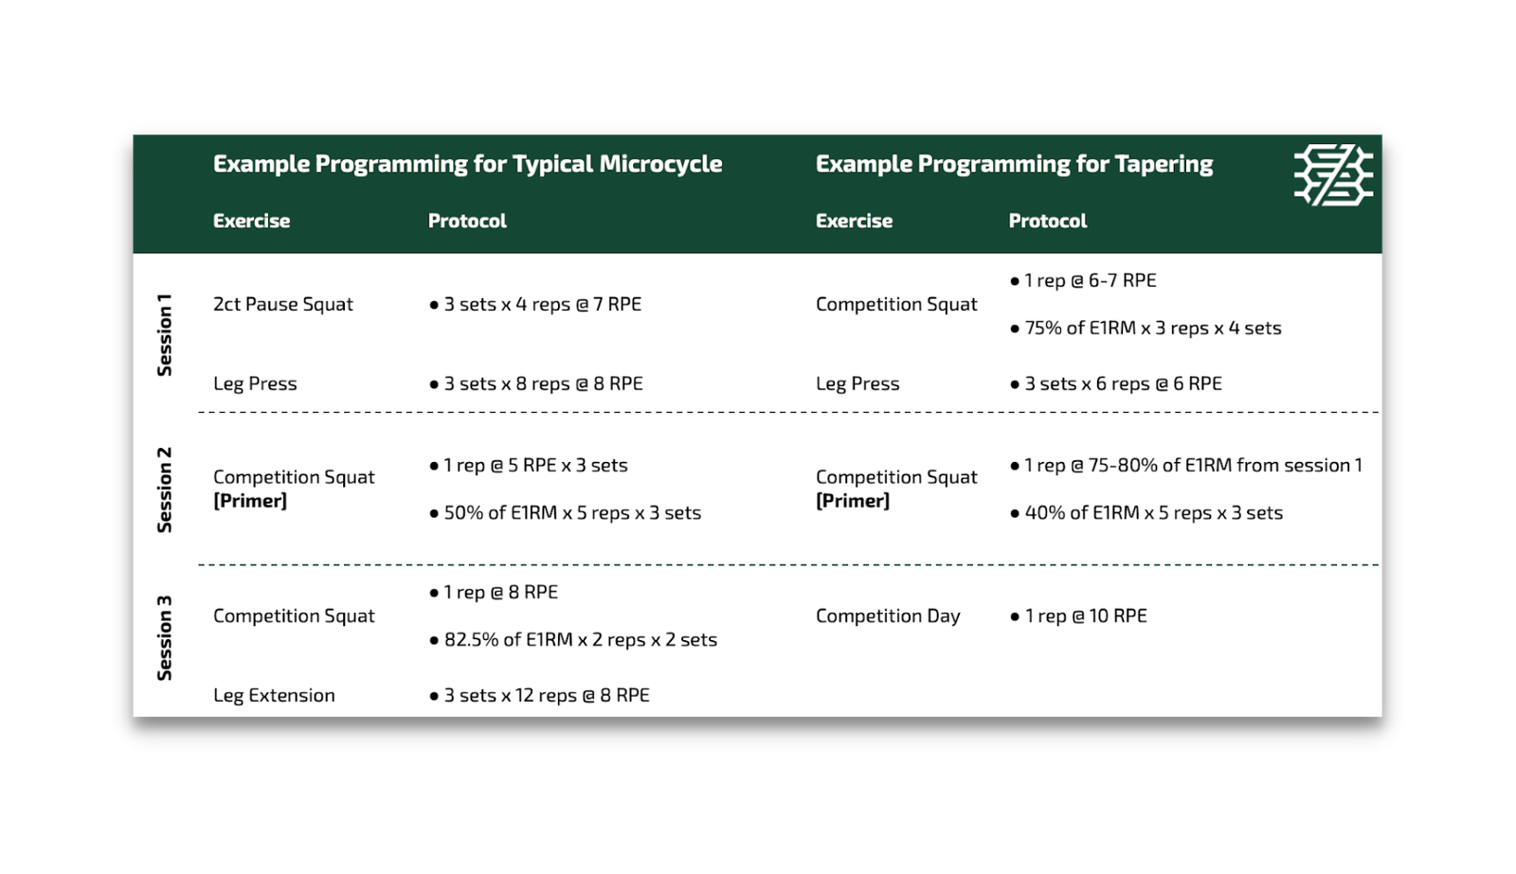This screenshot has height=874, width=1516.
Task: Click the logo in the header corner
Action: pos(1333,174)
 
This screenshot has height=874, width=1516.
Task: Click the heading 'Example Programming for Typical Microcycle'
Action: pos(468,165)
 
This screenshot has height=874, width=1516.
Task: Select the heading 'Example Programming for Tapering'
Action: pos(1014,165)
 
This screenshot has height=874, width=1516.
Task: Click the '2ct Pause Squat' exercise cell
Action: pos(283,304)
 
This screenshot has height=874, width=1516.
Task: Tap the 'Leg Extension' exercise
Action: pos(274,695)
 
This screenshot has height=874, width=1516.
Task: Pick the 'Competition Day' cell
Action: pos(888,616)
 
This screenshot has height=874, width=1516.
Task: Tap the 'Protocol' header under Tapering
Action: pos(1048,222)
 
